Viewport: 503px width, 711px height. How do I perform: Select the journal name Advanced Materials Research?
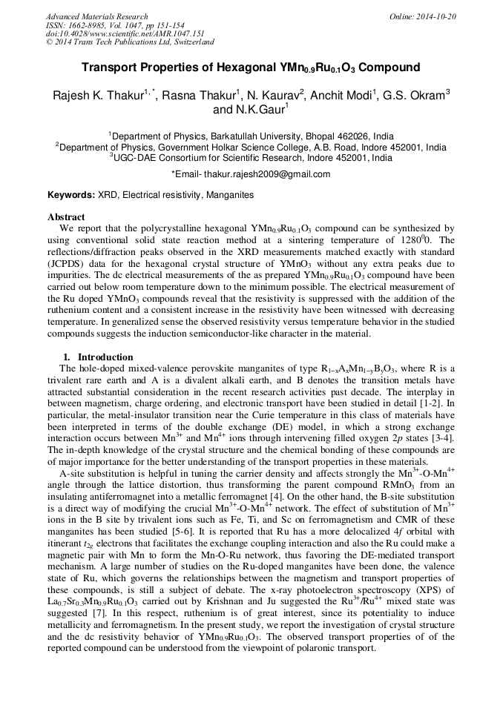pos(96,16)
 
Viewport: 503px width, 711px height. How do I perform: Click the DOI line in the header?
pos(114,34)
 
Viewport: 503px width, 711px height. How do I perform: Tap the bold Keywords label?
pos(71,195)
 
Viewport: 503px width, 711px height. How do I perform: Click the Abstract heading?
pos(66,217)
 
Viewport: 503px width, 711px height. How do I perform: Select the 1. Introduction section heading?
pos(98,357)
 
